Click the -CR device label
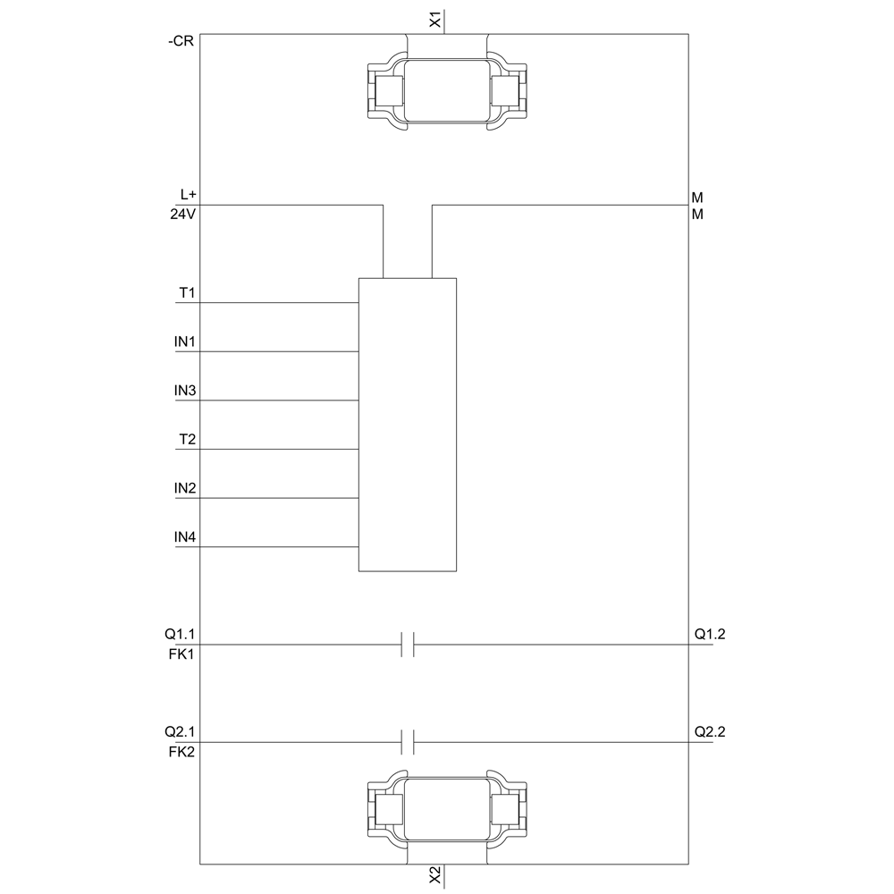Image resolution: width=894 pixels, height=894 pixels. pos(181,41)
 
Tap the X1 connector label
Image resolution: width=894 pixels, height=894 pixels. pos(435,21)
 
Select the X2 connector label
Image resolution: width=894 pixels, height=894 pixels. pos(435,876)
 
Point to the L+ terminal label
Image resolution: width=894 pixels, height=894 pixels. pos(188,194)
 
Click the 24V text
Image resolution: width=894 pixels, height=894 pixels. pos(183,215)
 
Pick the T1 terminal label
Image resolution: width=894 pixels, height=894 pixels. pos(187,292)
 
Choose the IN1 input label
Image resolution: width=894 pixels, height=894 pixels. pos(185,342)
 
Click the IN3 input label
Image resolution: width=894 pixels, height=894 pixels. pos(185,391)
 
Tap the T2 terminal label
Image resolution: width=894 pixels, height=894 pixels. pos(187,439)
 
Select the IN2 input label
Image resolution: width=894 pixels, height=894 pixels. pos(185,488)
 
